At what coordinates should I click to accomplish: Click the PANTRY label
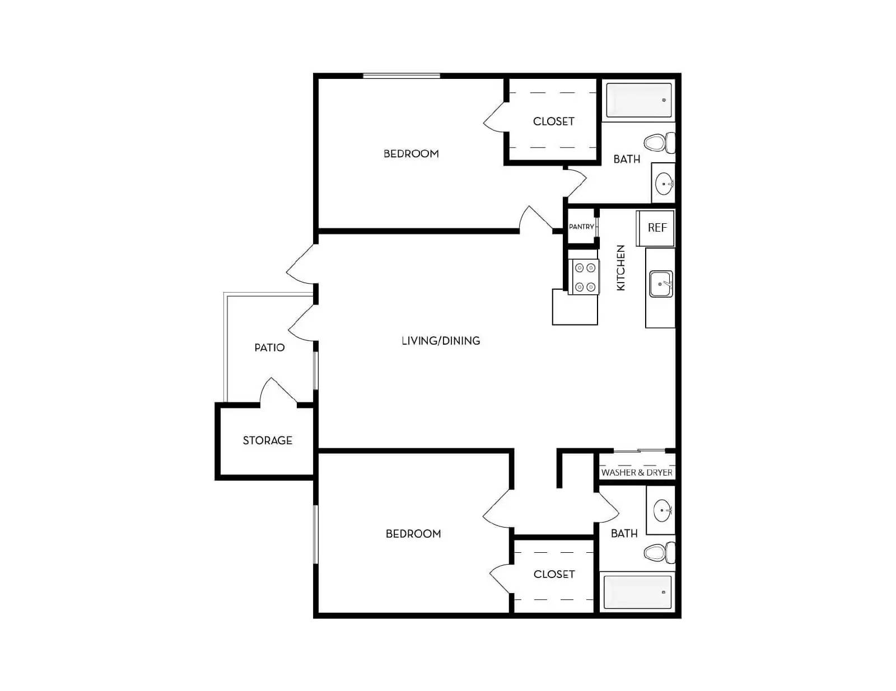click(x=581, y=227)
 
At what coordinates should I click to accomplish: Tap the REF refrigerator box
click(x=656, y=228)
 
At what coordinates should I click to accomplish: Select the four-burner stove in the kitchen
click(x=584, y=277)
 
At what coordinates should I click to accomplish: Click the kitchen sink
click(x=661, y=284)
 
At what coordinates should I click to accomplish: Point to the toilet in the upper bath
click(x=659, y=143)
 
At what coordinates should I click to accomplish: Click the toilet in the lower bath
click(x=659, y=553)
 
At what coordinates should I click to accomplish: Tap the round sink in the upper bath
click(x=664, y=184)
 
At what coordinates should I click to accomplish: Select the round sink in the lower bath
click(x=662, y=511)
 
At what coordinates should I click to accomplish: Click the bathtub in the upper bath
click(x=639, y=100)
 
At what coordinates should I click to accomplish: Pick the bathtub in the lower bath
click(x=637, y=592)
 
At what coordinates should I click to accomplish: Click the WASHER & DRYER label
click(x=637, y=472)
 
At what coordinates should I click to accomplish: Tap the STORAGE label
click(x=267, y=441)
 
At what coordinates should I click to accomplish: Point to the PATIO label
click(x=269, y=347)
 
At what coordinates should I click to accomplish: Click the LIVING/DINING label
click(x=441, y=341)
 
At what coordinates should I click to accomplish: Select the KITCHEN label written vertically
click(x=620, y=267)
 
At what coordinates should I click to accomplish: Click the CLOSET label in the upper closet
click(x=553, y=121)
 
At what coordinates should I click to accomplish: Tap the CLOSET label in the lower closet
click(x=554, y=574)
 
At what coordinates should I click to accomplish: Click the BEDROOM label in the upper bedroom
click(x=411, y=154)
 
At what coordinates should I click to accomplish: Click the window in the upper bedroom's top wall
click(x=402, y=76)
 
